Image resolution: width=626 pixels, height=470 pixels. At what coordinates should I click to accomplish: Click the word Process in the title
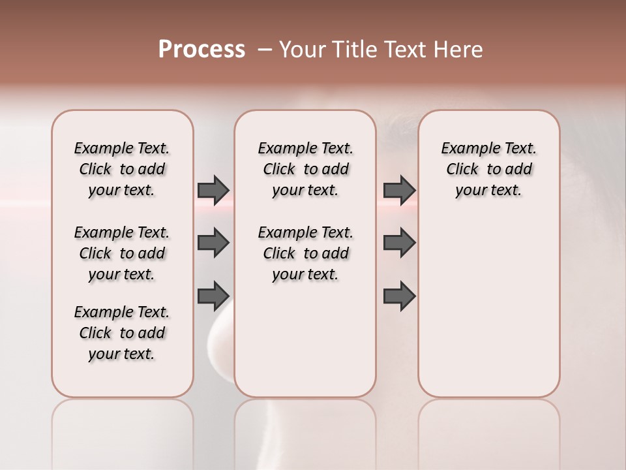(201, 50)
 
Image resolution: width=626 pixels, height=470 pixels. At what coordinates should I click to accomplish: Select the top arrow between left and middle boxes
(213, 190)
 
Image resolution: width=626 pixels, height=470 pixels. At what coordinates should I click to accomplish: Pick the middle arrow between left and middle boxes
(213, 243)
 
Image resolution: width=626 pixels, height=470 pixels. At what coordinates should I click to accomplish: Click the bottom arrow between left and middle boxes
(213, 295)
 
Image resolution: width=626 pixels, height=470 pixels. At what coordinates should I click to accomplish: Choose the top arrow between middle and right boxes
(399, 190)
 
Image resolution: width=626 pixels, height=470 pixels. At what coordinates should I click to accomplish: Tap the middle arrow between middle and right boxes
(399, 243)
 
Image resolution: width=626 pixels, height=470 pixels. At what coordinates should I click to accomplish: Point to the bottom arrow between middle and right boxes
(399, 295)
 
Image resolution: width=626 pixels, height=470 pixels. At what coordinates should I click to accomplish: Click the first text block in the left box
(122, 169)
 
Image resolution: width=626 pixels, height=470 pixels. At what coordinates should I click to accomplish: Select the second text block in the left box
(122, 253)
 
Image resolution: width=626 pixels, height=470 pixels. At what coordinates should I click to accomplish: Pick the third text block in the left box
(122, 333)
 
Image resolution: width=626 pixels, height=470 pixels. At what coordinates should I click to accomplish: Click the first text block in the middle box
(305, 169)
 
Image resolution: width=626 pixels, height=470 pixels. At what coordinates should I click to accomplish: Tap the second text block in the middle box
(305, 253)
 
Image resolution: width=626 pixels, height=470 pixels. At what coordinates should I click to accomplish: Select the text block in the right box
(488, 169)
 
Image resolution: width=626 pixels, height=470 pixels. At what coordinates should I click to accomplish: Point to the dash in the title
(265, 50)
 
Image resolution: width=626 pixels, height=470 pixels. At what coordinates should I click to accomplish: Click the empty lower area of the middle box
(305, 339)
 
